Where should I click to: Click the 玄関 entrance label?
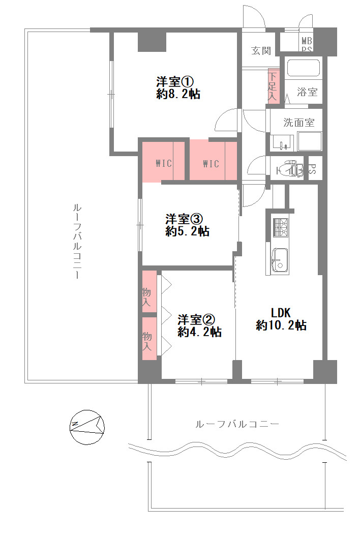(261, 51)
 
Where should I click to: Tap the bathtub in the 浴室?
(304, 68)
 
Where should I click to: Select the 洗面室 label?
(298, 123)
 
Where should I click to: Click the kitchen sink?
(280, 260)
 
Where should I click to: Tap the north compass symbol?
(86, 427)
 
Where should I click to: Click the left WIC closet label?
(163, 163)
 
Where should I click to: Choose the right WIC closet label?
(211, 164)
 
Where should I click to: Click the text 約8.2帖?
(178, 94)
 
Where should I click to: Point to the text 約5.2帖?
(187, 232)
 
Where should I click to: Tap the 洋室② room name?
(196, 320)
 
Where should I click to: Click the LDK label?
(281, 312)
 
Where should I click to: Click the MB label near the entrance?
(307, 41)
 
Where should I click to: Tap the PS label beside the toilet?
(313, 169)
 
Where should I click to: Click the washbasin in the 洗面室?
(282, 142)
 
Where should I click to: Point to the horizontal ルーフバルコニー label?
(237, 424)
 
